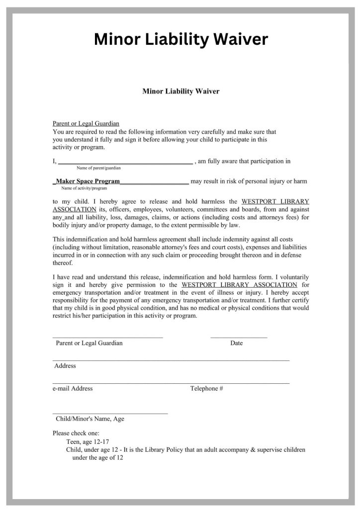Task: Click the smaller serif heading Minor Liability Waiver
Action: [180, 91]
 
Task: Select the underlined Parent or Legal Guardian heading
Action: [86, 124]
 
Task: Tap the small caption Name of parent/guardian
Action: [99, 169]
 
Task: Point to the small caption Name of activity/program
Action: [84, 188]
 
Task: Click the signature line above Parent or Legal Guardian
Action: [107, 338]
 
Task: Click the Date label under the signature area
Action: [237, 343]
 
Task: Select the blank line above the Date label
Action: [239, 338]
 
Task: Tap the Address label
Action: [65, 366]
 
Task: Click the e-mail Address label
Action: [73, 389]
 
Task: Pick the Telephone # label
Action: [207, 389]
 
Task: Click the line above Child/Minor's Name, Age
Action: [110, 413]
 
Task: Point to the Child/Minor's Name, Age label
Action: [90, 419]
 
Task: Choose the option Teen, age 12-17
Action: [88, 441]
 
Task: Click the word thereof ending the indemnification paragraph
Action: [62, 263]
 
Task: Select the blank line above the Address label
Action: [171, 360]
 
